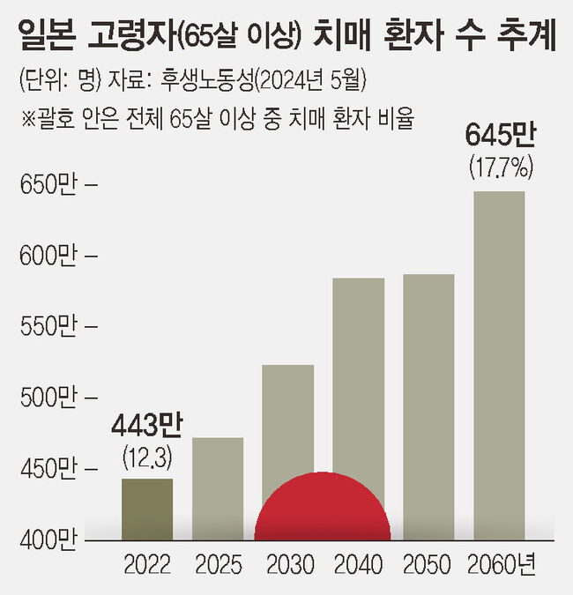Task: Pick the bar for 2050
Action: tap(428, 405)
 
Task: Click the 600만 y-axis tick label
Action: tap(49, 257)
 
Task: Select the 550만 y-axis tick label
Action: tap(49, 327)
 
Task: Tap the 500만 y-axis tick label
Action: tap(49, 398)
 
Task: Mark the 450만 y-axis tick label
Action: tap(49, 468)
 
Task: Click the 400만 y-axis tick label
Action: tap(49, 539)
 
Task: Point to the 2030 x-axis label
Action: tap(288, 564)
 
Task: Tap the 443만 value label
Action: tap(146, 428)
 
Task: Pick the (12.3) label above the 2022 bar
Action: tap(146, 456)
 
